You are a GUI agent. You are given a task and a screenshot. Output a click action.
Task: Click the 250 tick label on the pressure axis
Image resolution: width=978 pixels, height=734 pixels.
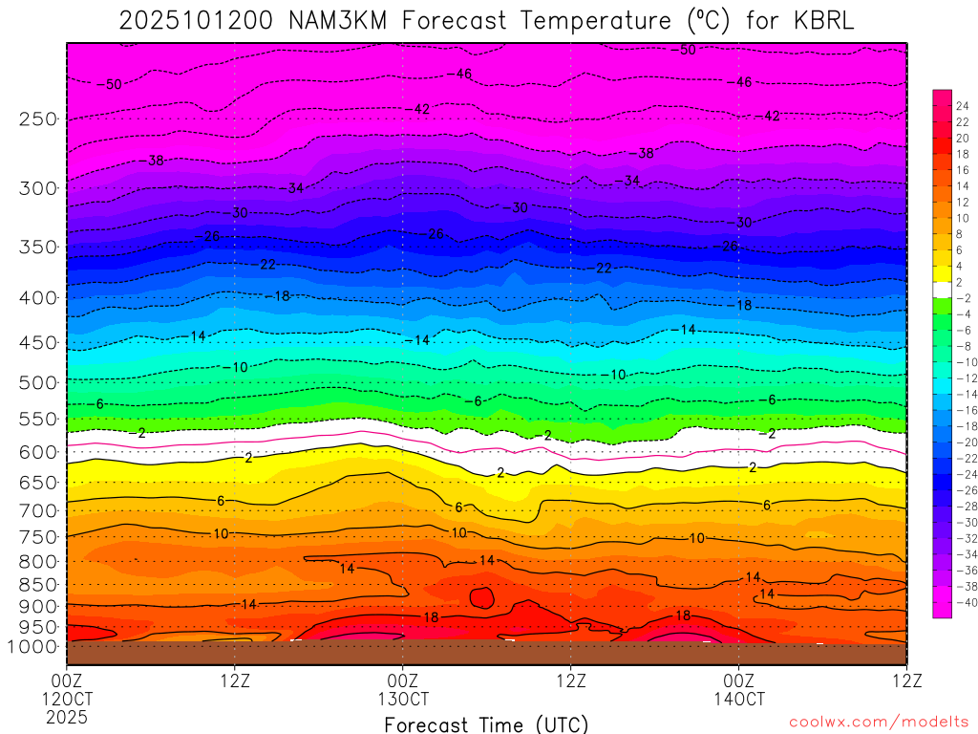(38, 119)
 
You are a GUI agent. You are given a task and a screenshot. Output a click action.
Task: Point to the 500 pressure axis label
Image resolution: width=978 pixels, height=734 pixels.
(38, 382)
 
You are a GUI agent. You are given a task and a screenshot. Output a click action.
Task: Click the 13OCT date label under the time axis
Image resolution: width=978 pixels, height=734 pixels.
(403, 699)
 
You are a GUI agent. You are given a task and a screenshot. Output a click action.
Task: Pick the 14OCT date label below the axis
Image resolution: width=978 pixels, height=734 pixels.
(739, 699)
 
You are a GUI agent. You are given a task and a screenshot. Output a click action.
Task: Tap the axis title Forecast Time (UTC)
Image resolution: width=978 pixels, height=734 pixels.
(486, 724)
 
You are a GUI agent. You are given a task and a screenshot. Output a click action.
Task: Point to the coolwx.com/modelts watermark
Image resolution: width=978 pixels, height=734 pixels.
(878, 723)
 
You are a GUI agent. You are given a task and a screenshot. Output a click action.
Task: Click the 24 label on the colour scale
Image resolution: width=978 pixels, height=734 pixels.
(963, 105)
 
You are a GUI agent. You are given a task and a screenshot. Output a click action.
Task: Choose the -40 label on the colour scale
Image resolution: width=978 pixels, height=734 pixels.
(965, 602)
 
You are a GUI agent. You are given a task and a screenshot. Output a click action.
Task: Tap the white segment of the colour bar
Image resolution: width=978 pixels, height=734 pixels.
(942, 287)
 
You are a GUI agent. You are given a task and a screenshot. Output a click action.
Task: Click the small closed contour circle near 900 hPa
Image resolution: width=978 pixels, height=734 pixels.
(482, 597)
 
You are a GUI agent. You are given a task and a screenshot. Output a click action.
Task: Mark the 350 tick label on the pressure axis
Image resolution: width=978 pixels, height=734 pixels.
(38, 247)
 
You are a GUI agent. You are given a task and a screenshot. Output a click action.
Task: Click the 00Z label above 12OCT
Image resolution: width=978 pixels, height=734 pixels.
(67, 681)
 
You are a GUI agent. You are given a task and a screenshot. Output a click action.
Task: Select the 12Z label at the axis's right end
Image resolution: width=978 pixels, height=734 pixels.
(906, 681)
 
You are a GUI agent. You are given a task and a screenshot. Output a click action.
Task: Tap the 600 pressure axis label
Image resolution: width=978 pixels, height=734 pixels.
(38, 451)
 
